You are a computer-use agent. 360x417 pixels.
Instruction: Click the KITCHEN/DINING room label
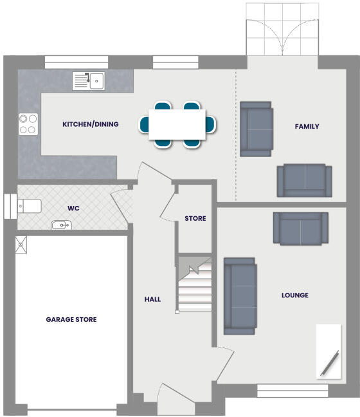(90, 124)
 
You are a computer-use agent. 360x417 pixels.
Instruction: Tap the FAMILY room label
(307, 127)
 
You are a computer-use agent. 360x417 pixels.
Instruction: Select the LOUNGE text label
(294, 295)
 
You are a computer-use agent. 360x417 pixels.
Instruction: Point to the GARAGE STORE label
(71, 319)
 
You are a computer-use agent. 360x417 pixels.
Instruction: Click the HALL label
(152, 299)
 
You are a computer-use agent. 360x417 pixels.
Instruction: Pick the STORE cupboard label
(195, 219)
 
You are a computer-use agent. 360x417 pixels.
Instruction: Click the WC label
(73, 208)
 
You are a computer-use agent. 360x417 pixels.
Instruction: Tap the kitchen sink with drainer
(89, 80)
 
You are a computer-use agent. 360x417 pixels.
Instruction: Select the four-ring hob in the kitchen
(28, 124)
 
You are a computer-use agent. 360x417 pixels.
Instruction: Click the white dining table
(177, 124)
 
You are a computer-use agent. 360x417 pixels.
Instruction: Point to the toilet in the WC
(30, 206)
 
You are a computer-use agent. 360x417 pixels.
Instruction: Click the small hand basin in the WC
(61, 225)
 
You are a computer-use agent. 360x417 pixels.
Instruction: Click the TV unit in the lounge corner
(328, 351)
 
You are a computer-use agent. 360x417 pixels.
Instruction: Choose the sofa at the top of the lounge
(297, 228)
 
